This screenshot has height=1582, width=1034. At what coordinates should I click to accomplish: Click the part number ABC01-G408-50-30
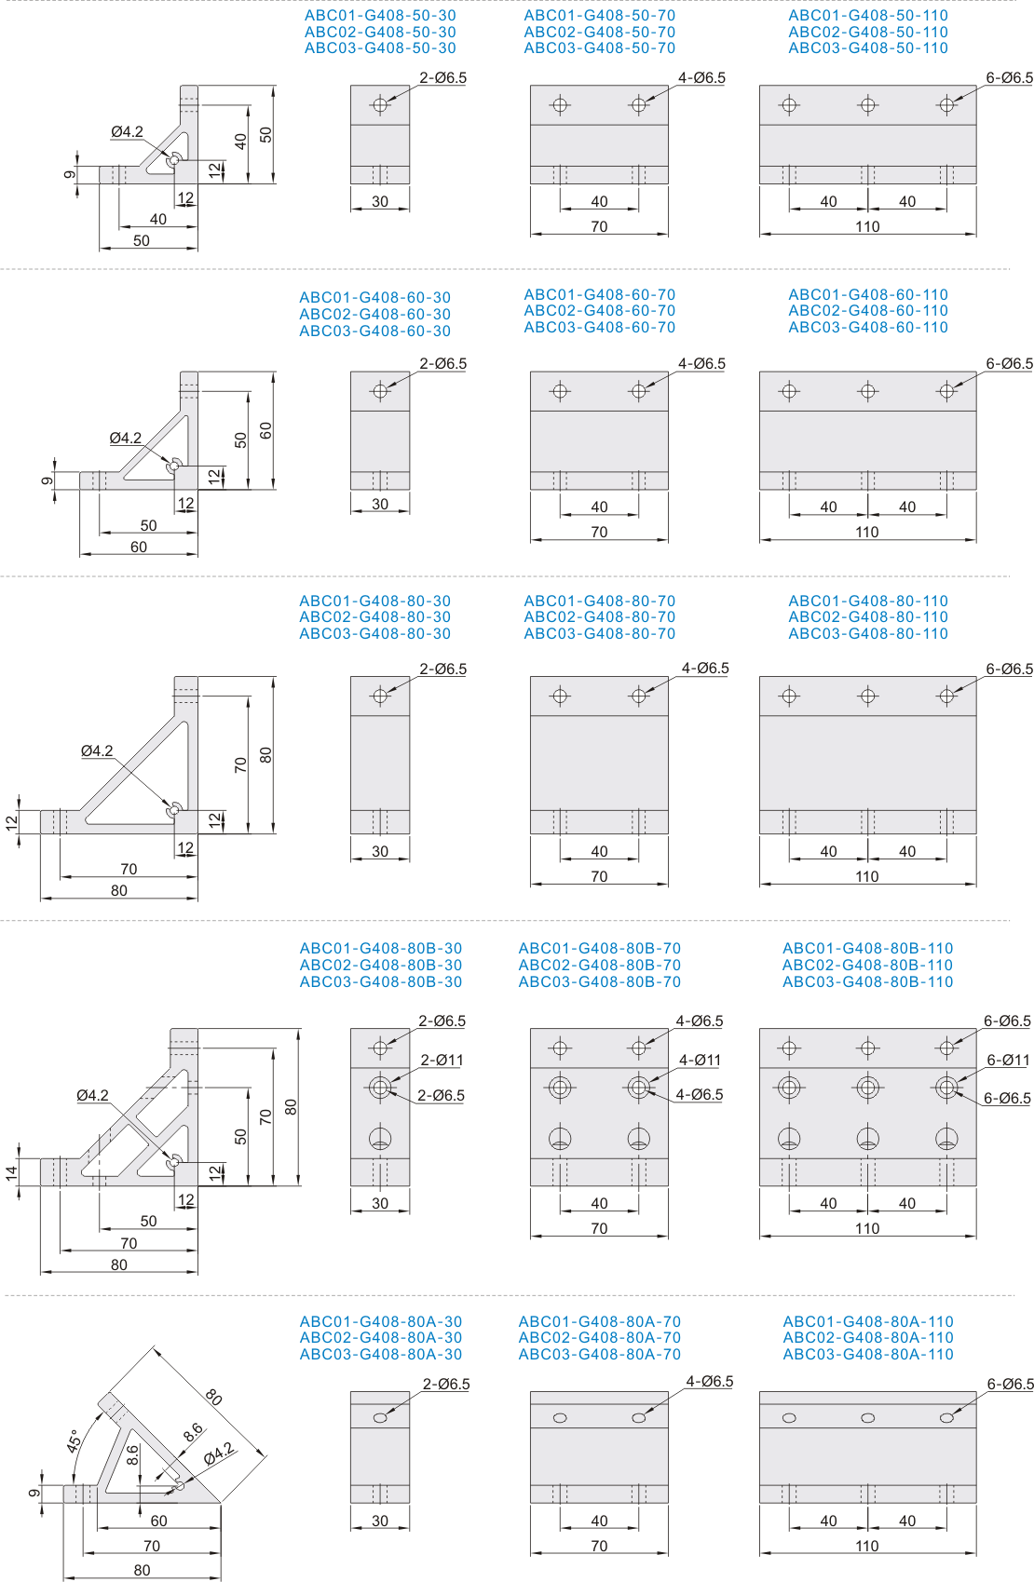point(379,16)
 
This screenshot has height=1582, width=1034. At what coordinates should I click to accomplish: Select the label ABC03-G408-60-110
point(868,327)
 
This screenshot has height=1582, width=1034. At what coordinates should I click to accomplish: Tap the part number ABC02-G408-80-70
point(599,616)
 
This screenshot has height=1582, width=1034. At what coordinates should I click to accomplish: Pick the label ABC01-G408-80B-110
point(867,948)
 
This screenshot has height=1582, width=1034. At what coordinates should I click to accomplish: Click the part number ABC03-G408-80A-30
point(380,1354)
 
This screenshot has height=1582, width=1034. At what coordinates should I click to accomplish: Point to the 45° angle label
point(75,1440)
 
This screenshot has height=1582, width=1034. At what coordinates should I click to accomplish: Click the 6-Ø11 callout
point(1008,1060)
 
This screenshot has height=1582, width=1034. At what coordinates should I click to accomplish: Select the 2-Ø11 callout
point(442,1060)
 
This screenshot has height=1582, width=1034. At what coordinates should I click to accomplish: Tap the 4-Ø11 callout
point(700,1060)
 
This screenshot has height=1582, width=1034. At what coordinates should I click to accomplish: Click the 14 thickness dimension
point(11,1173)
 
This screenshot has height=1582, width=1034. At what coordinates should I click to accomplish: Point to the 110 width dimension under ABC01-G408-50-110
point(867,226)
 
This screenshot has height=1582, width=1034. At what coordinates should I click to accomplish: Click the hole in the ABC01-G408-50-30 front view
point(380,105)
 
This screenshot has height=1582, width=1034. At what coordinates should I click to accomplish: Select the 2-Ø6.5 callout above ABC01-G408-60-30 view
point(443,364)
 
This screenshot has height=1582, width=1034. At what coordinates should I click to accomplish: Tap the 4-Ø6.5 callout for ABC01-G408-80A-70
point(710,1382)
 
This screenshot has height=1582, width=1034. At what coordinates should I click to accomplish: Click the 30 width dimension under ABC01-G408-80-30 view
point(380,851)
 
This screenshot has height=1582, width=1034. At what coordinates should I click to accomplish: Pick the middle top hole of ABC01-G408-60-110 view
point(868,390)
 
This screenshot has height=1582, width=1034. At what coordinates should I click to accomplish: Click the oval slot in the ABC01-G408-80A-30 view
point(380,1417)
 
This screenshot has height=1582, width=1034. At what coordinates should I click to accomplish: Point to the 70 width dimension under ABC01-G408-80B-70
point(599,1228)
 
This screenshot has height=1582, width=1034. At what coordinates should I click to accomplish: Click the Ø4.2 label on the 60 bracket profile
point(126,438)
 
